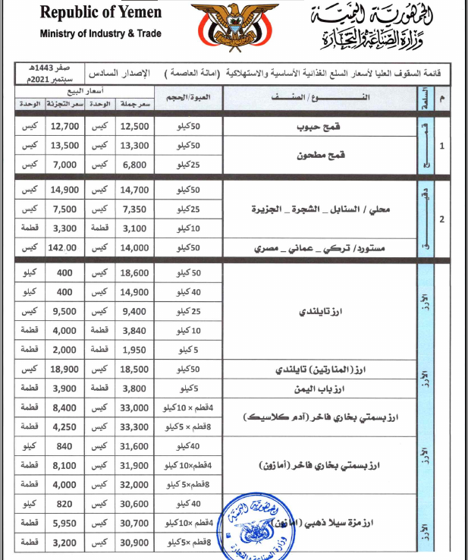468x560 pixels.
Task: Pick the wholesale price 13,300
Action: tap(135, 144)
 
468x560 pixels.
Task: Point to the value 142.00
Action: tap(61, 247)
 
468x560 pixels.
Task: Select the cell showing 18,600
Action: tap(135, 272)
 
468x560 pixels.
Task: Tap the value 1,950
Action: tap(135, 349)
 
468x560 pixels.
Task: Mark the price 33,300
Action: tap(135, 426)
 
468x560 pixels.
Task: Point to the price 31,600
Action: tap(135, 446)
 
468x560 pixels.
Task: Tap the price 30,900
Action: tap(135, 543)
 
